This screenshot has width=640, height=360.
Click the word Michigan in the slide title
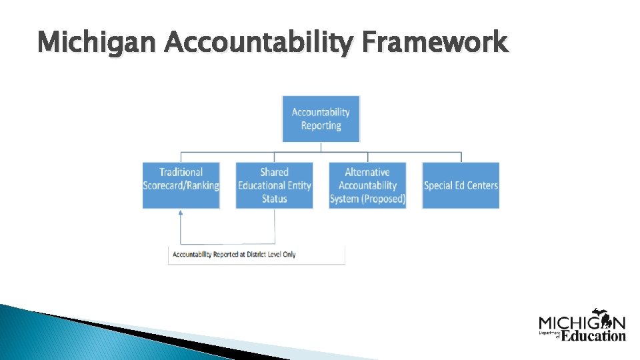(x=98, y=43)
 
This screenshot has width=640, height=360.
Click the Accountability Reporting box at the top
(x=321, y=119)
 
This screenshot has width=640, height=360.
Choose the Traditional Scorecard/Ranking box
(x=181, y=185)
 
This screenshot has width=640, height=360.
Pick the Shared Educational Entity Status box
(x=274, y=185)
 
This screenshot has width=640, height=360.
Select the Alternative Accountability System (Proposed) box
(x=367, y=185)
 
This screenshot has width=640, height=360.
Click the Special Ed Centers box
(x=461, y=185)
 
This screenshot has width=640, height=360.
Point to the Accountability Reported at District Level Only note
(x=256, y=255)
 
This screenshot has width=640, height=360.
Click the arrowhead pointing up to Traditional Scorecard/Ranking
(x=181, y=213)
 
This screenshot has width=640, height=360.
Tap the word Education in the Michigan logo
(x=593, y=335)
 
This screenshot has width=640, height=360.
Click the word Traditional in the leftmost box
(x=181, y=172)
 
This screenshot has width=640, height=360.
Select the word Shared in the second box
(x=274, y=172)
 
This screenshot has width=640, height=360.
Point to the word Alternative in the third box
(x=367, y=172)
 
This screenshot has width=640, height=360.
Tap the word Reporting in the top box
(x=321, y=125)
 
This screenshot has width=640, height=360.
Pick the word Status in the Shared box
(x=274, y=199)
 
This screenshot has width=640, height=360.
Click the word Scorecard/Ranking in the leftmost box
(x=181, y=185)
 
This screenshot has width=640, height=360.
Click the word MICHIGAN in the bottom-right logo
(x=582, y=323)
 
